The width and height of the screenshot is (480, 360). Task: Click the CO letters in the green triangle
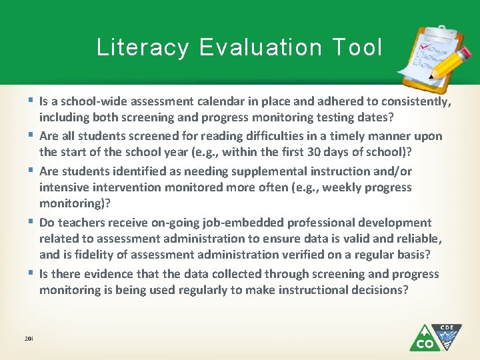point(424,343)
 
